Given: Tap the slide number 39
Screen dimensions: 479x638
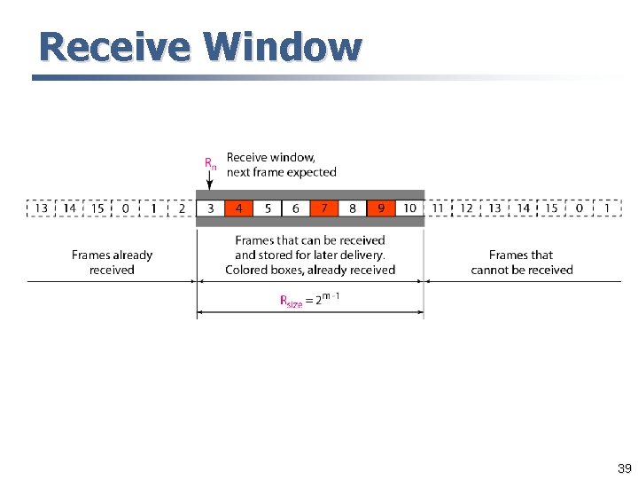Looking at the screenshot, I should click(x=624, y=468).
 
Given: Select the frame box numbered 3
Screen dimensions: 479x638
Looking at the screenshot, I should click(x=210, y=208).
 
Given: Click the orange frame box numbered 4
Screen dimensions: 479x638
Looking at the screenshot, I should click(x=238, y=208).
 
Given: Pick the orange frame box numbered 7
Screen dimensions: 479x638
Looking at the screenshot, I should click(x=324, y=208).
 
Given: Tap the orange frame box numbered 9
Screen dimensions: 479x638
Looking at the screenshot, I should click(x=381, y=208).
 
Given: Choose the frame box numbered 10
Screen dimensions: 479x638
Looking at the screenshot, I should click(x=409, y=208).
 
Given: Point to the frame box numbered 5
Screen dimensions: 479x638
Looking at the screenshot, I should click(x=267, y=208).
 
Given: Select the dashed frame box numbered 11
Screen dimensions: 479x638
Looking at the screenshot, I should click(x=438, y=208).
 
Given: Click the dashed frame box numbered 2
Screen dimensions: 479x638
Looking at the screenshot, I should click(x=182, y=208).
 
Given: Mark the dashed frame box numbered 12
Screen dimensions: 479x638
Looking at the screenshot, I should click(x=466, y=208).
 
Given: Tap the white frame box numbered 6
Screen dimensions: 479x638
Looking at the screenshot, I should click(x=295, y=208).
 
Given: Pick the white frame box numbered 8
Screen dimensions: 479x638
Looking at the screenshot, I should click(x=353, y=208).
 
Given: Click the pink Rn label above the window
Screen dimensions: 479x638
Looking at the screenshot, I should click(x=210, y=163).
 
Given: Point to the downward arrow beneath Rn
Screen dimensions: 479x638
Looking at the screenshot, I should click(x=210, y=180).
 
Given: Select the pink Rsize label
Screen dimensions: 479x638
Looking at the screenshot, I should click(x=292, y=302).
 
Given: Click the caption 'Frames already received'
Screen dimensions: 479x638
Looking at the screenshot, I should click(x=112, y=263).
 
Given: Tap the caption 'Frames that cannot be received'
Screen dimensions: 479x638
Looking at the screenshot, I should click(x=522, y=263).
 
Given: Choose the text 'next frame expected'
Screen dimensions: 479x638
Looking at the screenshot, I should click(x=282, y=172).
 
